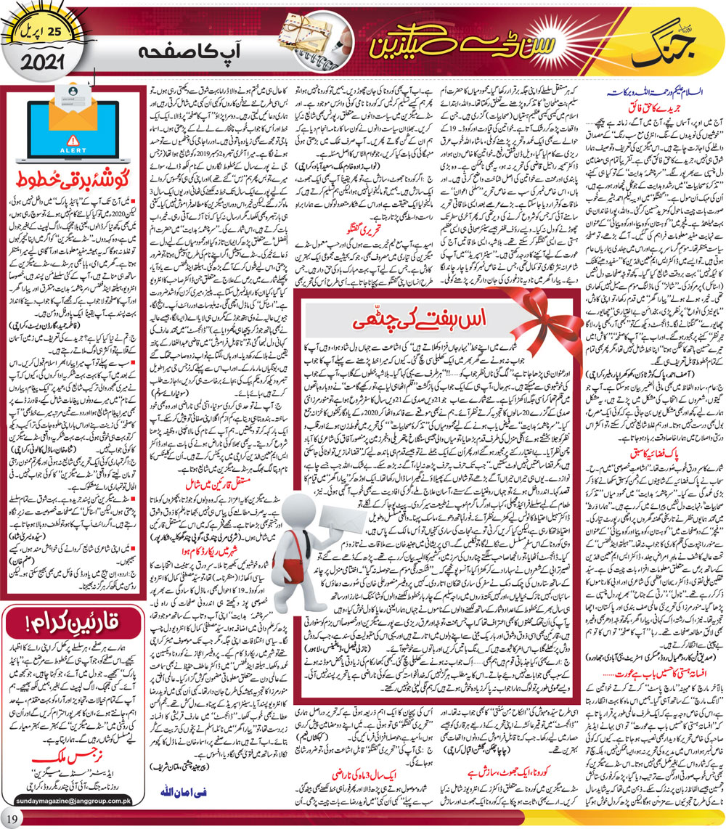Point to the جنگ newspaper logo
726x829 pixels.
(648, 44)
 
